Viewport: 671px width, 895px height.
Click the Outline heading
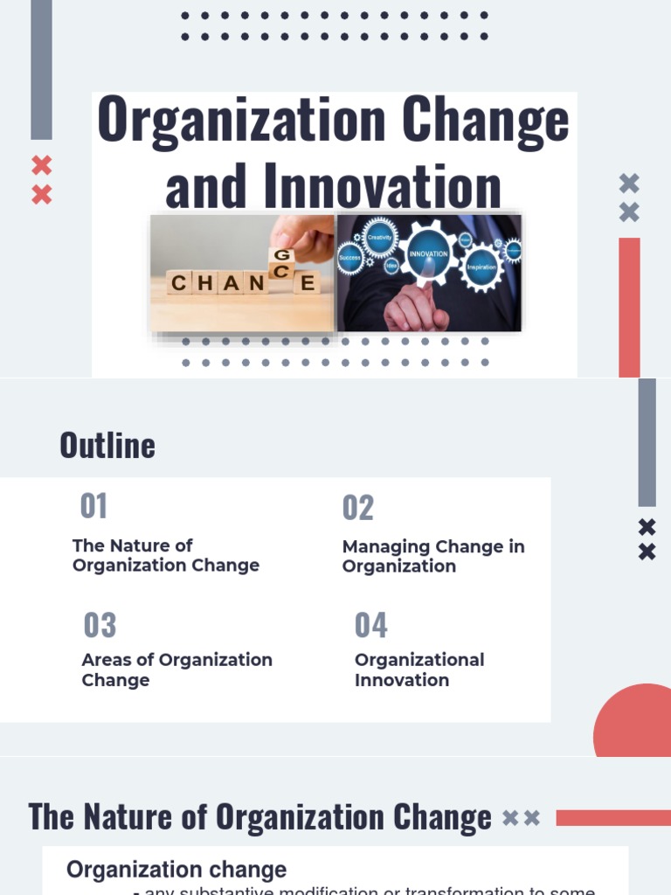click(107, 446)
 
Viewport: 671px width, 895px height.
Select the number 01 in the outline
click(93, 506)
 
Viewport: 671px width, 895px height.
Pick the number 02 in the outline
click(358, 508)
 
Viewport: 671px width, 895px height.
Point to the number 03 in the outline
click(100, 626)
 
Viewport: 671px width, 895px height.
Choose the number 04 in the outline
click(371, 626)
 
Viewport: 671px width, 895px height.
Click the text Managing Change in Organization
click(432, 556)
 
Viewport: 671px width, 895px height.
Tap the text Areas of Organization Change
click(176, 670)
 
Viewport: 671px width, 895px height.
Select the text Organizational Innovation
click(419, 670)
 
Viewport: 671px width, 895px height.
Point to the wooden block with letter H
click(204, 283)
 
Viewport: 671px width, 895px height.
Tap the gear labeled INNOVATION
click(428, 253)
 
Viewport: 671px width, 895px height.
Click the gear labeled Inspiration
click(481, 266)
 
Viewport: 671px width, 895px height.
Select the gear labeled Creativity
click(380, 238)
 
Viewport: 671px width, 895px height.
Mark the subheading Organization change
click(176, 870)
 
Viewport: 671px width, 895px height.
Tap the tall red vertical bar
click(629, 306)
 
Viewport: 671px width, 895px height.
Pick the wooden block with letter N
click(256, 283)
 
